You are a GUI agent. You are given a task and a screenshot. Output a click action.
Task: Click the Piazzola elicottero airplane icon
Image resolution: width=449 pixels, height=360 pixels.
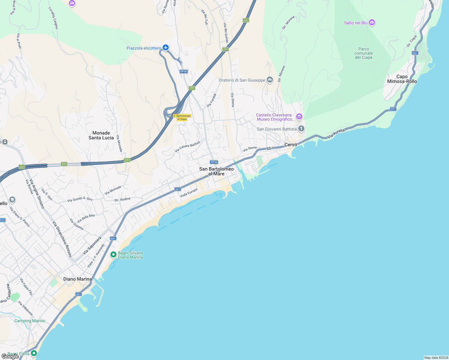[x=166, y=48]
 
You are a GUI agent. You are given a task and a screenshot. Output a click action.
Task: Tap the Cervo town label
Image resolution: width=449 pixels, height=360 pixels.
[x=291, y=145]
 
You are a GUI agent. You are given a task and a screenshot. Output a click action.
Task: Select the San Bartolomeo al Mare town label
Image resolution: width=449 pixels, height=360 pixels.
[x=216, y=171]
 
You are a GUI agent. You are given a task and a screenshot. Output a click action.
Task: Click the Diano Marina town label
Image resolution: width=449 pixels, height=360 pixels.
[x=77, y=279]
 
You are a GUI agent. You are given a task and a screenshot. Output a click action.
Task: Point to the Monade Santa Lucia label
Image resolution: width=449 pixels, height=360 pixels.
[x=101, y=135]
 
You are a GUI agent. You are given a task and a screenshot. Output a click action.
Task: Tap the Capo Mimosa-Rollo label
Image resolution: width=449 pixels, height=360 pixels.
[x=402, y=79]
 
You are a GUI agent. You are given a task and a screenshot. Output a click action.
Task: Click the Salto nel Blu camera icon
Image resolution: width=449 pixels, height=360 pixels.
[x=372, y=22]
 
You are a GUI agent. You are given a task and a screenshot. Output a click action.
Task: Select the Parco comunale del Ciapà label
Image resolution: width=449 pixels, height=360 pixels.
[x=363, y=53]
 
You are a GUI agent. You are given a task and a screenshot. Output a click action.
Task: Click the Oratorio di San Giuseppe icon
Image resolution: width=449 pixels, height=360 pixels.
[x=270, y=80]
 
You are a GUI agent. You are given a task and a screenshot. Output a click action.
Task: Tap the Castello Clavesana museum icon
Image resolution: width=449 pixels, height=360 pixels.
[x=299, y=116]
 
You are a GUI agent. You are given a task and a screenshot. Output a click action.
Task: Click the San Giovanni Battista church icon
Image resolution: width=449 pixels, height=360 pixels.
[x=301, y=129]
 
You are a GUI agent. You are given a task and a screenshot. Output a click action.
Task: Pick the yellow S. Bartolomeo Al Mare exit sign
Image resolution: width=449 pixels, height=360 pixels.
[x=182, y=117]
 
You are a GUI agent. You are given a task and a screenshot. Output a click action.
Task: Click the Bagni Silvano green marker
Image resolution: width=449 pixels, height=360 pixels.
[x=113, y=255]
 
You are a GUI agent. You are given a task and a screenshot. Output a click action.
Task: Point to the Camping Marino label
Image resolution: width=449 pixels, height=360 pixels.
[x=30, y=321]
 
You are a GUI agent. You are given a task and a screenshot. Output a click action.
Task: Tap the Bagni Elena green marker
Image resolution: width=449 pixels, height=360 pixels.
[x=34, y=353]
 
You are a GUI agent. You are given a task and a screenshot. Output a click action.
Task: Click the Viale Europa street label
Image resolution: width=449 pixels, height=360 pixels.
[x=189, y=193]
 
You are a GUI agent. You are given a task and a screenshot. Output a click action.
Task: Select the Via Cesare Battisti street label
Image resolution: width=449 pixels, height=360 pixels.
[x=187, y=146]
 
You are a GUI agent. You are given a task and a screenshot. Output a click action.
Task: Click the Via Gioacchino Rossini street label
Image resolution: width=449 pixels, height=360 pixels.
[x=62, y=239]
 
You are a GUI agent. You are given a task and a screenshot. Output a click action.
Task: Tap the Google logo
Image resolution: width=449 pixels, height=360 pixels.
[x=10, y=356]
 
